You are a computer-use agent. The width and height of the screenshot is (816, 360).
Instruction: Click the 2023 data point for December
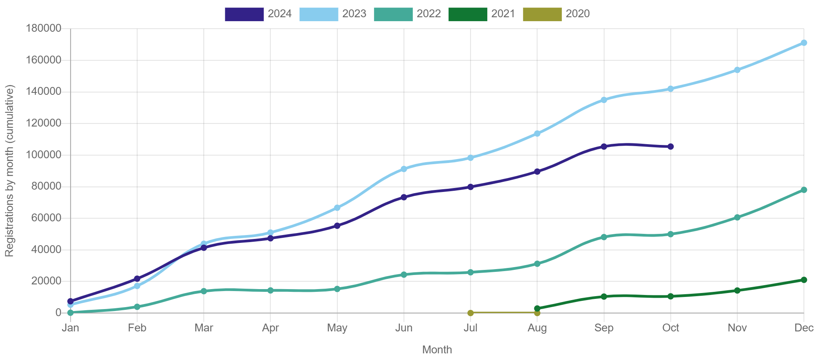point(803,43)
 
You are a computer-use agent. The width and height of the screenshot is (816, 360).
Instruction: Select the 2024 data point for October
point(670,147)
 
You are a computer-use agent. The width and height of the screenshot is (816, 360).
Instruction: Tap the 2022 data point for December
point(803,190)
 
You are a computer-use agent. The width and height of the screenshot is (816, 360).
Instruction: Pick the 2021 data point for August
point(537,308)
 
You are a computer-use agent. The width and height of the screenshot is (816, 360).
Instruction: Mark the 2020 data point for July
point(470,313)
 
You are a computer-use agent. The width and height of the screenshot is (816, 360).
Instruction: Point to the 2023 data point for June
point(404,169)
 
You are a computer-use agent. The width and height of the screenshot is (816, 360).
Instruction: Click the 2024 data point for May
point(337,226)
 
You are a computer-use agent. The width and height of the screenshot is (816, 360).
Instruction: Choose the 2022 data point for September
point(604,237)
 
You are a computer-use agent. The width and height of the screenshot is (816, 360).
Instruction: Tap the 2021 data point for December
point(803,280)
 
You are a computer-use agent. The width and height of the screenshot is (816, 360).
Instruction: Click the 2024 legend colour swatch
point(244,14)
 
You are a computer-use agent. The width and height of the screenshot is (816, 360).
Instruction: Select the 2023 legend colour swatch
point(318,14)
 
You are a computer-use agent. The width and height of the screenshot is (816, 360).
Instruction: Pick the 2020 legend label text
point(577,14)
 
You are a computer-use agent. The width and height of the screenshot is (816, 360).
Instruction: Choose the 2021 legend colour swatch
point(468,14)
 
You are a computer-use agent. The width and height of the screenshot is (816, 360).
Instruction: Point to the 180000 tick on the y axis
point(43,28)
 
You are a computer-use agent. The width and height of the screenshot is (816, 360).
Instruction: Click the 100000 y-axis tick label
point(43,154)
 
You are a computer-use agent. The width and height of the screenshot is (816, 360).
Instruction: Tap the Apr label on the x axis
point(271,328)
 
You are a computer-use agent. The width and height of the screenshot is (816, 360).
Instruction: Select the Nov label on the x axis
point(737,328)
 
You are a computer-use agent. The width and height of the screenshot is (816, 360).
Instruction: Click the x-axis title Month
point(437,350)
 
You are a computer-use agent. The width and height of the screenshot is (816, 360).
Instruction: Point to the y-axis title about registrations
point(9,171)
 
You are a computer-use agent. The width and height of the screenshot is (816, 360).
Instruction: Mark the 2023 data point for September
point(604,100)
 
